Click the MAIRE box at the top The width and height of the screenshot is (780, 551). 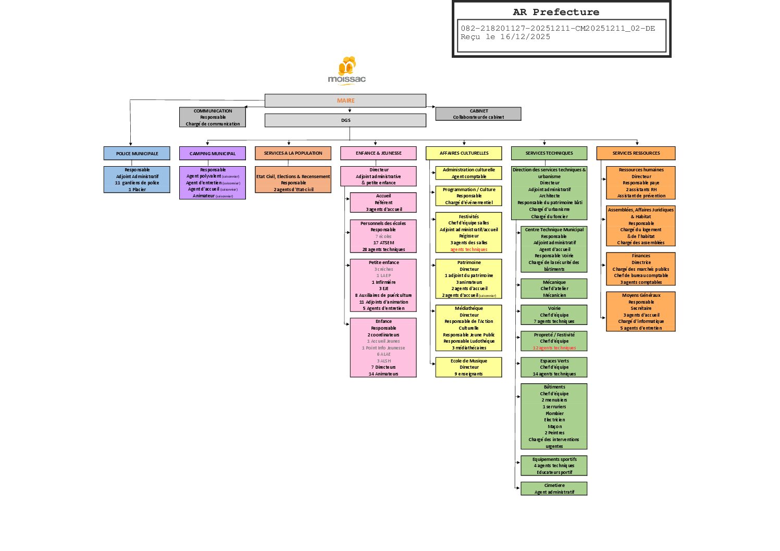(x=345, y=101)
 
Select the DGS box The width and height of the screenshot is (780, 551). (x=345, y=120)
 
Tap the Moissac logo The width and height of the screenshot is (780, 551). (x=347, y=70)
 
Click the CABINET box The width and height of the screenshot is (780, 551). (x=478, y=114)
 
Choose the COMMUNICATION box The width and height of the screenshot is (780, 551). (x=213, y=117)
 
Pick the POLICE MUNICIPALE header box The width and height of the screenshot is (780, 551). (x=137, y=153)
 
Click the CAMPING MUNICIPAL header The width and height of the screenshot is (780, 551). (x=213, y=153)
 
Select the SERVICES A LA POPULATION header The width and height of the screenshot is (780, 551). (x=293, y=153)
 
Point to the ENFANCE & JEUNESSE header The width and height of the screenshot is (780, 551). (x=378, y=153)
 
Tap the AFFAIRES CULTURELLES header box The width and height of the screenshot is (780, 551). (x=464, y=153)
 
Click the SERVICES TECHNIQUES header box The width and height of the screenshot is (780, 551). (x=549, y=153)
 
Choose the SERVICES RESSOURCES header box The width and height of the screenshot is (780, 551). (x=636, y=153)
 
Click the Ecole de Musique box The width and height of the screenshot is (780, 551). (x=468, y=367)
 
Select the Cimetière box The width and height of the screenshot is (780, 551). (x=554, y=489)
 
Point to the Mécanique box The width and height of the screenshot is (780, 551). (x=554, y=289)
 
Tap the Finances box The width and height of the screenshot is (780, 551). (x=641, y=269)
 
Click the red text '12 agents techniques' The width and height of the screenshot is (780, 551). (x=554, y=348)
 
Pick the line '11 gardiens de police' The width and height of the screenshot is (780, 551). (x=137, y=183)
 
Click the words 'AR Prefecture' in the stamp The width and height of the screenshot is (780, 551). (x=556, y=12)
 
